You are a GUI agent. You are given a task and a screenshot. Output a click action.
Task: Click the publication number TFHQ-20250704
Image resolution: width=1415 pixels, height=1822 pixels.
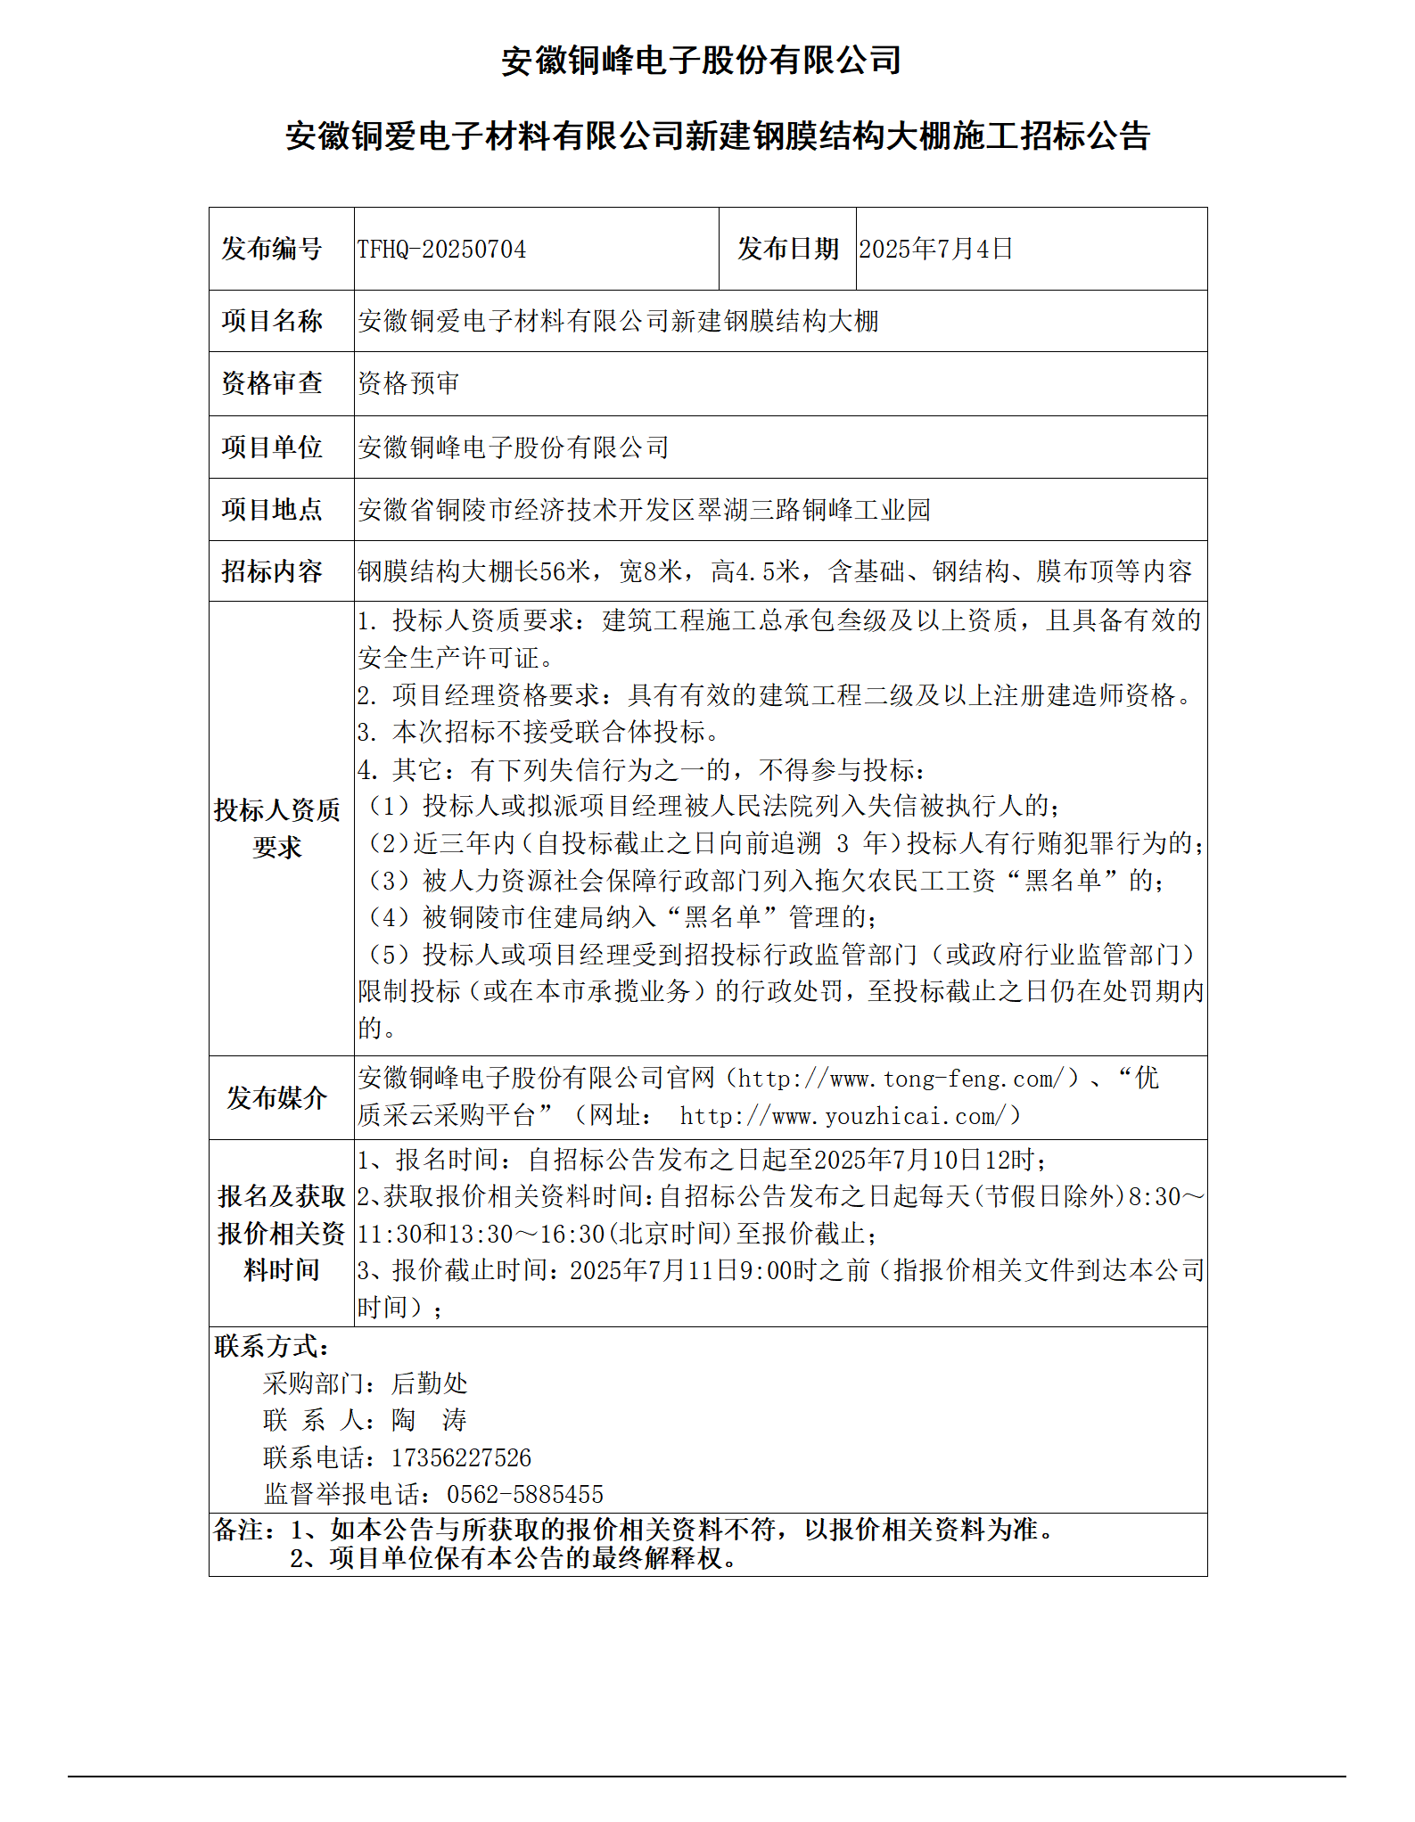[441, 249]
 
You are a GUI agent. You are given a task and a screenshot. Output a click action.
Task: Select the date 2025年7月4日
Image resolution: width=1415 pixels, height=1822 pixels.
[935, 249]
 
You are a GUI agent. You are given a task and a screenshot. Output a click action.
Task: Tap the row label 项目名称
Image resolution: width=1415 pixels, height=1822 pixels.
[272, 321]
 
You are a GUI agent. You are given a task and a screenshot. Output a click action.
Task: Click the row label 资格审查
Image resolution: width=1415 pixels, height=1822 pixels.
[272, 383]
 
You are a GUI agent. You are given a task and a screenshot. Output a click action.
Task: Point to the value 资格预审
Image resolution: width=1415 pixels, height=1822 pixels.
[408, 383]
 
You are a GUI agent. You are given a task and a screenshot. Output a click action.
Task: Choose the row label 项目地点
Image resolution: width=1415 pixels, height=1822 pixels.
[272, 509]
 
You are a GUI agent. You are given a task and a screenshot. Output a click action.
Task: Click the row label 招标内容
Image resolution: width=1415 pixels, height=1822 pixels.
[272, 571]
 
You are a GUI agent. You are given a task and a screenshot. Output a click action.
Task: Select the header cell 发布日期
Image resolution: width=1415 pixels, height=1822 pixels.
[787, 249]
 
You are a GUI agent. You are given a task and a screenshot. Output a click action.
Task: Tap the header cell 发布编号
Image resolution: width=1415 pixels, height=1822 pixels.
[272, 249]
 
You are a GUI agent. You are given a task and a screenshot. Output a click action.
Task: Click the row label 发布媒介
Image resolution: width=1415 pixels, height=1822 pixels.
[276, 1097]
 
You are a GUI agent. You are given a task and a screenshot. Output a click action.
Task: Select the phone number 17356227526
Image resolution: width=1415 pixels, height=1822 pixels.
[461, 1457]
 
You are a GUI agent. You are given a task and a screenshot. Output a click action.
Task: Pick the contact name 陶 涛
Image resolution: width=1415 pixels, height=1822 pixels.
[429, 1420]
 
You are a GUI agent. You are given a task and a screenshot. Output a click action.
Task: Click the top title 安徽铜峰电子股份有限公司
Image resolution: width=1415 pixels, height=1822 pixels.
[701, 61]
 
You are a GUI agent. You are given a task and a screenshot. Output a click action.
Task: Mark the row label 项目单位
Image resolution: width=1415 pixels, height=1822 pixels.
[272, 447]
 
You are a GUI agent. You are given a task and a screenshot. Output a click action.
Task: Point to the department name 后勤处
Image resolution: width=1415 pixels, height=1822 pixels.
[429, 1383]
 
